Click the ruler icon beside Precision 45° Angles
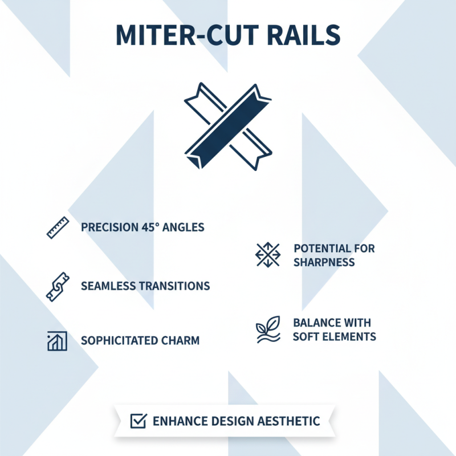[x=56, y=227]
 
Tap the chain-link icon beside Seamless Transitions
[x=56, y=286]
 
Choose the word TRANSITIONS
[x=174, y=286]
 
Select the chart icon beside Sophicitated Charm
[x=56, y=341]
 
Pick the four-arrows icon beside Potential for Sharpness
[x=267, y=255]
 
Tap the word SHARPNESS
[x=324, y=262]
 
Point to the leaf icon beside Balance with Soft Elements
[x=267, y=329]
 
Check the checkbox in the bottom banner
[x=139, y=421]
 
